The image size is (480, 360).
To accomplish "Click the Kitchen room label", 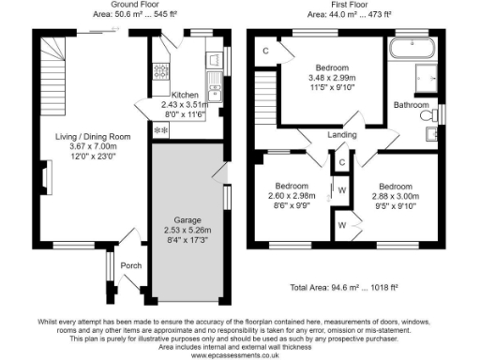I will pos(184,95).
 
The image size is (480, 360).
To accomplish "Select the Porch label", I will pos(131,265).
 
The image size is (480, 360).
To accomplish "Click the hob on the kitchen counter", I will pos(159,69).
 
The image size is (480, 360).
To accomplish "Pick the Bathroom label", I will pos(411,104).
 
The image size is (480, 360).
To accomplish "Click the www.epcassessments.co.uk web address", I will pos(239,354).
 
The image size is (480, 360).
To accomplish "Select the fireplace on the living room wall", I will pos(47,174).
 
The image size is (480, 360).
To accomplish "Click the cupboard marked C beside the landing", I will pos(341,162).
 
